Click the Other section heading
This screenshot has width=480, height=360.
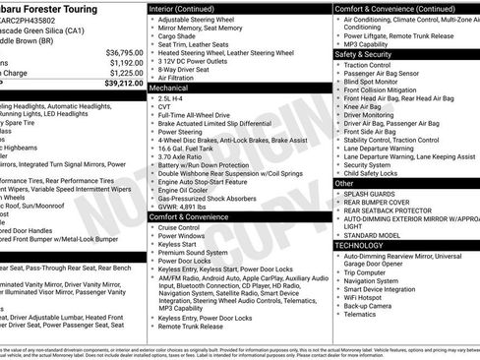pyautogui.click(x=345, y=183)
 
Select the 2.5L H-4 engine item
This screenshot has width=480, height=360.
pyautogui.click(x=173, y=98)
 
